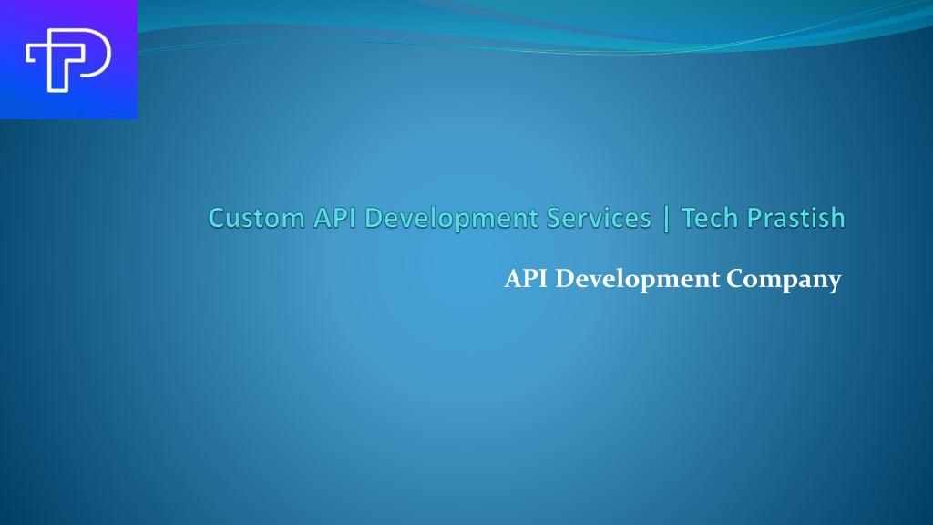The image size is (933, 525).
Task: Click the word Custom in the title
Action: [257, 218]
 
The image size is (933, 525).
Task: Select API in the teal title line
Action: [334, 218]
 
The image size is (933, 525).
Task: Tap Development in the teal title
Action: [451, 219]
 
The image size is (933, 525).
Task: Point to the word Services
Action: [599, 218]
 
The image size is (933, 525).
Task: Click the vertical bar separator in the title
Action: [666, 219]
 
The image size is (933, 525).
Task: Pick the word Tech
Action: [709, 218]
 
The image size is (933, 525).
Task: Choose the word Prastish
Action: [795, 218]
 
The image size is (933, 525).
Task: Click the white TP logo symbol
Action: [68, 60]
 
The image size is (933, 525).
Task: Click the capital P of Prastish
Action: [754, 219]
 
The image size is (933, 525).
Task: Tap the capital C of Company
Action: [736, 279]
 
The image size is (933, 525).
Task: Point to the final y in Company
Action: [834, 283]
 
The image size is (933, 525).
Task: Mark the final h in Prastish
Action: [838, 218]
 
